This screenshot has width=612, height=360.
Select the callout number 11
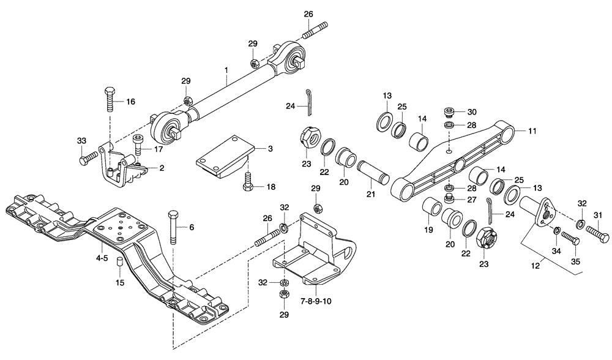coord(532,130)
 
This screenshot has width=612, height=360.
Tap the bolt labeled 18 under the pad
coord(247,182)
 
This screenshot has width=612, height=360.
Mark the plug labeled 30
coord(449,113)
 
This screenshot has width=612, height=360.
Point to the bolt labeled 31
coord(597,234)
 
